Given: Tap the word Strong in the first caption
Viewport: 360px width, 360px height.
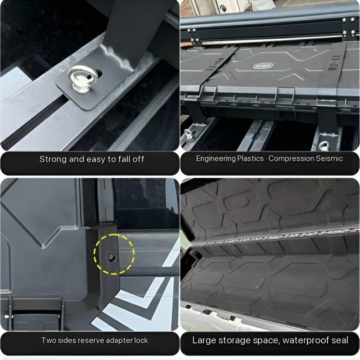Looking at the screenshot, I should coord(52,159).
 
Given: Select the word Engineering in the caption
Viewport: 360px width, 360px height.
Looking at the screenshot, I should coord(216,158).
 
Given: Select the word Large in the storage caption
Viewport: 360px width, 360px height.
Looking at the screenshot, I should coord(204,340).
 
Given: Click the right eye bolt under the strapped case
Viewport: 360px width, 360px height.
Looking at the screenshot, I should coord(324,145).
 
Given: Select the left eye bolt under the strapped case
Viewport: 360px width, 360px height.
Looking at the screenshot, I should coord(188,134).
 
